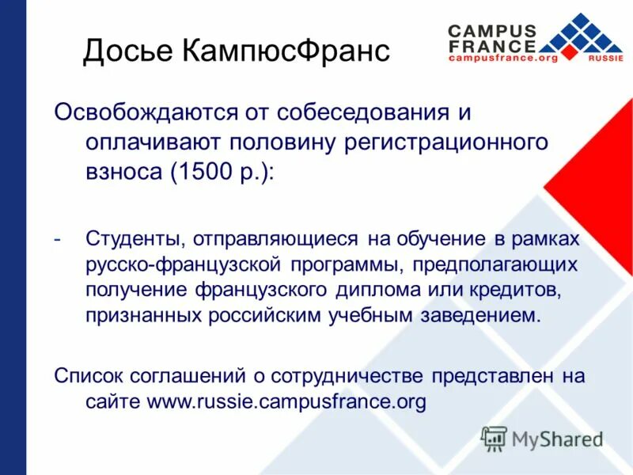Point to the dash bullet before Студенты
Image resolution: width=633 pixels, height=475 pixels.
coord(58,238)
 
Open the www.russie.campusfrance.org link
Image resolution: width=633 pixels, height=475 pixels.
coord(286,402)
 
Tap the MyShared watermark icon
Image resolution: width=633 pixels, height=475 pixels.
coord(495,437)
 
